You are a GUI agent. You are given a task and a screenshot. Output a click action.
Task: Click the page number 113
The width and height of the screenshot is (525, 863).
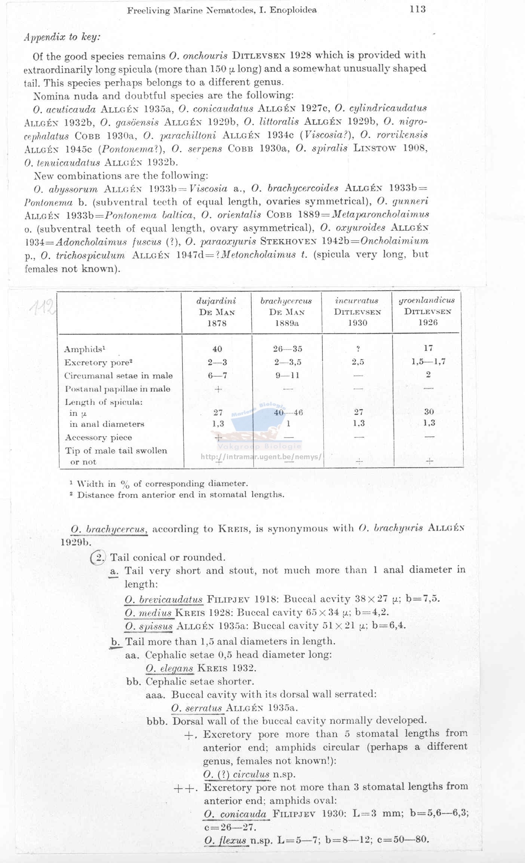pos(417,9)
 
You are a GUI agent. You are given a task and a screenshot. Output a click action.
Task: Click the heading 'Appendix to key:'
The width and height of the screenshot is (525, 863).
pos(62,37)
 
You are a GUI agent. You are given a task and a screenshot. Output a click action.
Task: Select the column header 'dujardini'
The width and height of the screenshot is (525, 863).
pos(217,301)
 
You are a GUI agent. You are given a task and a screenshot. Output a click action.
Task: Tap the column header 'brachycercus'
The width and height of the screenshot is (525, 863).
pos(286,301)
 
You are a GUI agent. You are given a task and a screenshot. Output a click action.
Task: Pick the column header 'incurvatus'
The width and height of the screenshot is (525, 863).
pos(357,301)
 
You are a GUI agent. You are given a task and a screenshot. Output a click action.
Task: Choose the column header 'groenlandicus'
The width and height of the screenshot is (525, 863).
pos(427,300)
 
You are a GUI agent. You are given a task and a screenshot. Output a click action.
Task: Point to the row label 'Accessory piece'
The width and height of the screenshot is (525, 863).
pos(98,437)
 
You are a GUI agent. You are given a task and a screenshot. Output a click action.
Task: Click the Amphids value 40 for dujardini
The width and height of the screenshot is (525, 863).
pos(217,349)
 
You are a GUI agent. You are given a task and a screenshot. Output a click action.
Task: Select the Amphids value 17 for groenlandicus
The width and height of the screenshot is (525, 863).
pos(428,348)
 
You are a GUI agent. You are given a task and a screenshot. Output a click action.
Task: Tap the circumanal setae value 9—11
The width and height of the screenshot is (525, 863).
pos(288,375)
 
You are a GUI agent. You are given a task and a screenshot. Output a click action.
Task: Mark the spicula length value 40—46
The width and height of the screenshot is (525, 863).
pos(288,413)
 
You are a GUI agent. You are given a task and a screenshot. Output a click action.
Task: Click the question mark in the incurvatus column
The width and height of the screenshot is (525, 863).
pos(358,349)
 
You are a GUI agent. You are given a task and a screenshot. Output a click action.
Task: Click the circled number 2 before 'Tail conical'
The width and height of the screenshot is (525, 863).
pos(99,558)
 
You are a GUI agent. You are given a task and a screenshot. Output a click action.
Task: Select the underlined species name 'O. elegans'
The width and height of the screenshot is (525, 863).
pos(169,668)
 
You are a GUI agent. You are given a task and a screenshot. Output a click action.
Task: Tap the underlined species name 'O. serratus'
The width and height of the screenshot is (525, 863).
pos(197,708)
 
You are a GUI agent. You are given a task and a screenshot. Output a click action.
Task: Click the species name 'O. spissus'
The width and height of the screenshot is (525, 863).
pos(149,626)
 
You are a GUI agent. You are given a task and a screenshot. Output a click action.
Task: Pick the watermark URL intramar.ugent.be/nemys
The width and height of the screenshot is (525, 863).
pos(261,457)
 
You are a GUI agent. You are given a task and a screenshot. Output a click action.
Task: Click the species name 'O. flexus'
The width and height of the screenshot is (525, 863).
pos(225,840)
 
